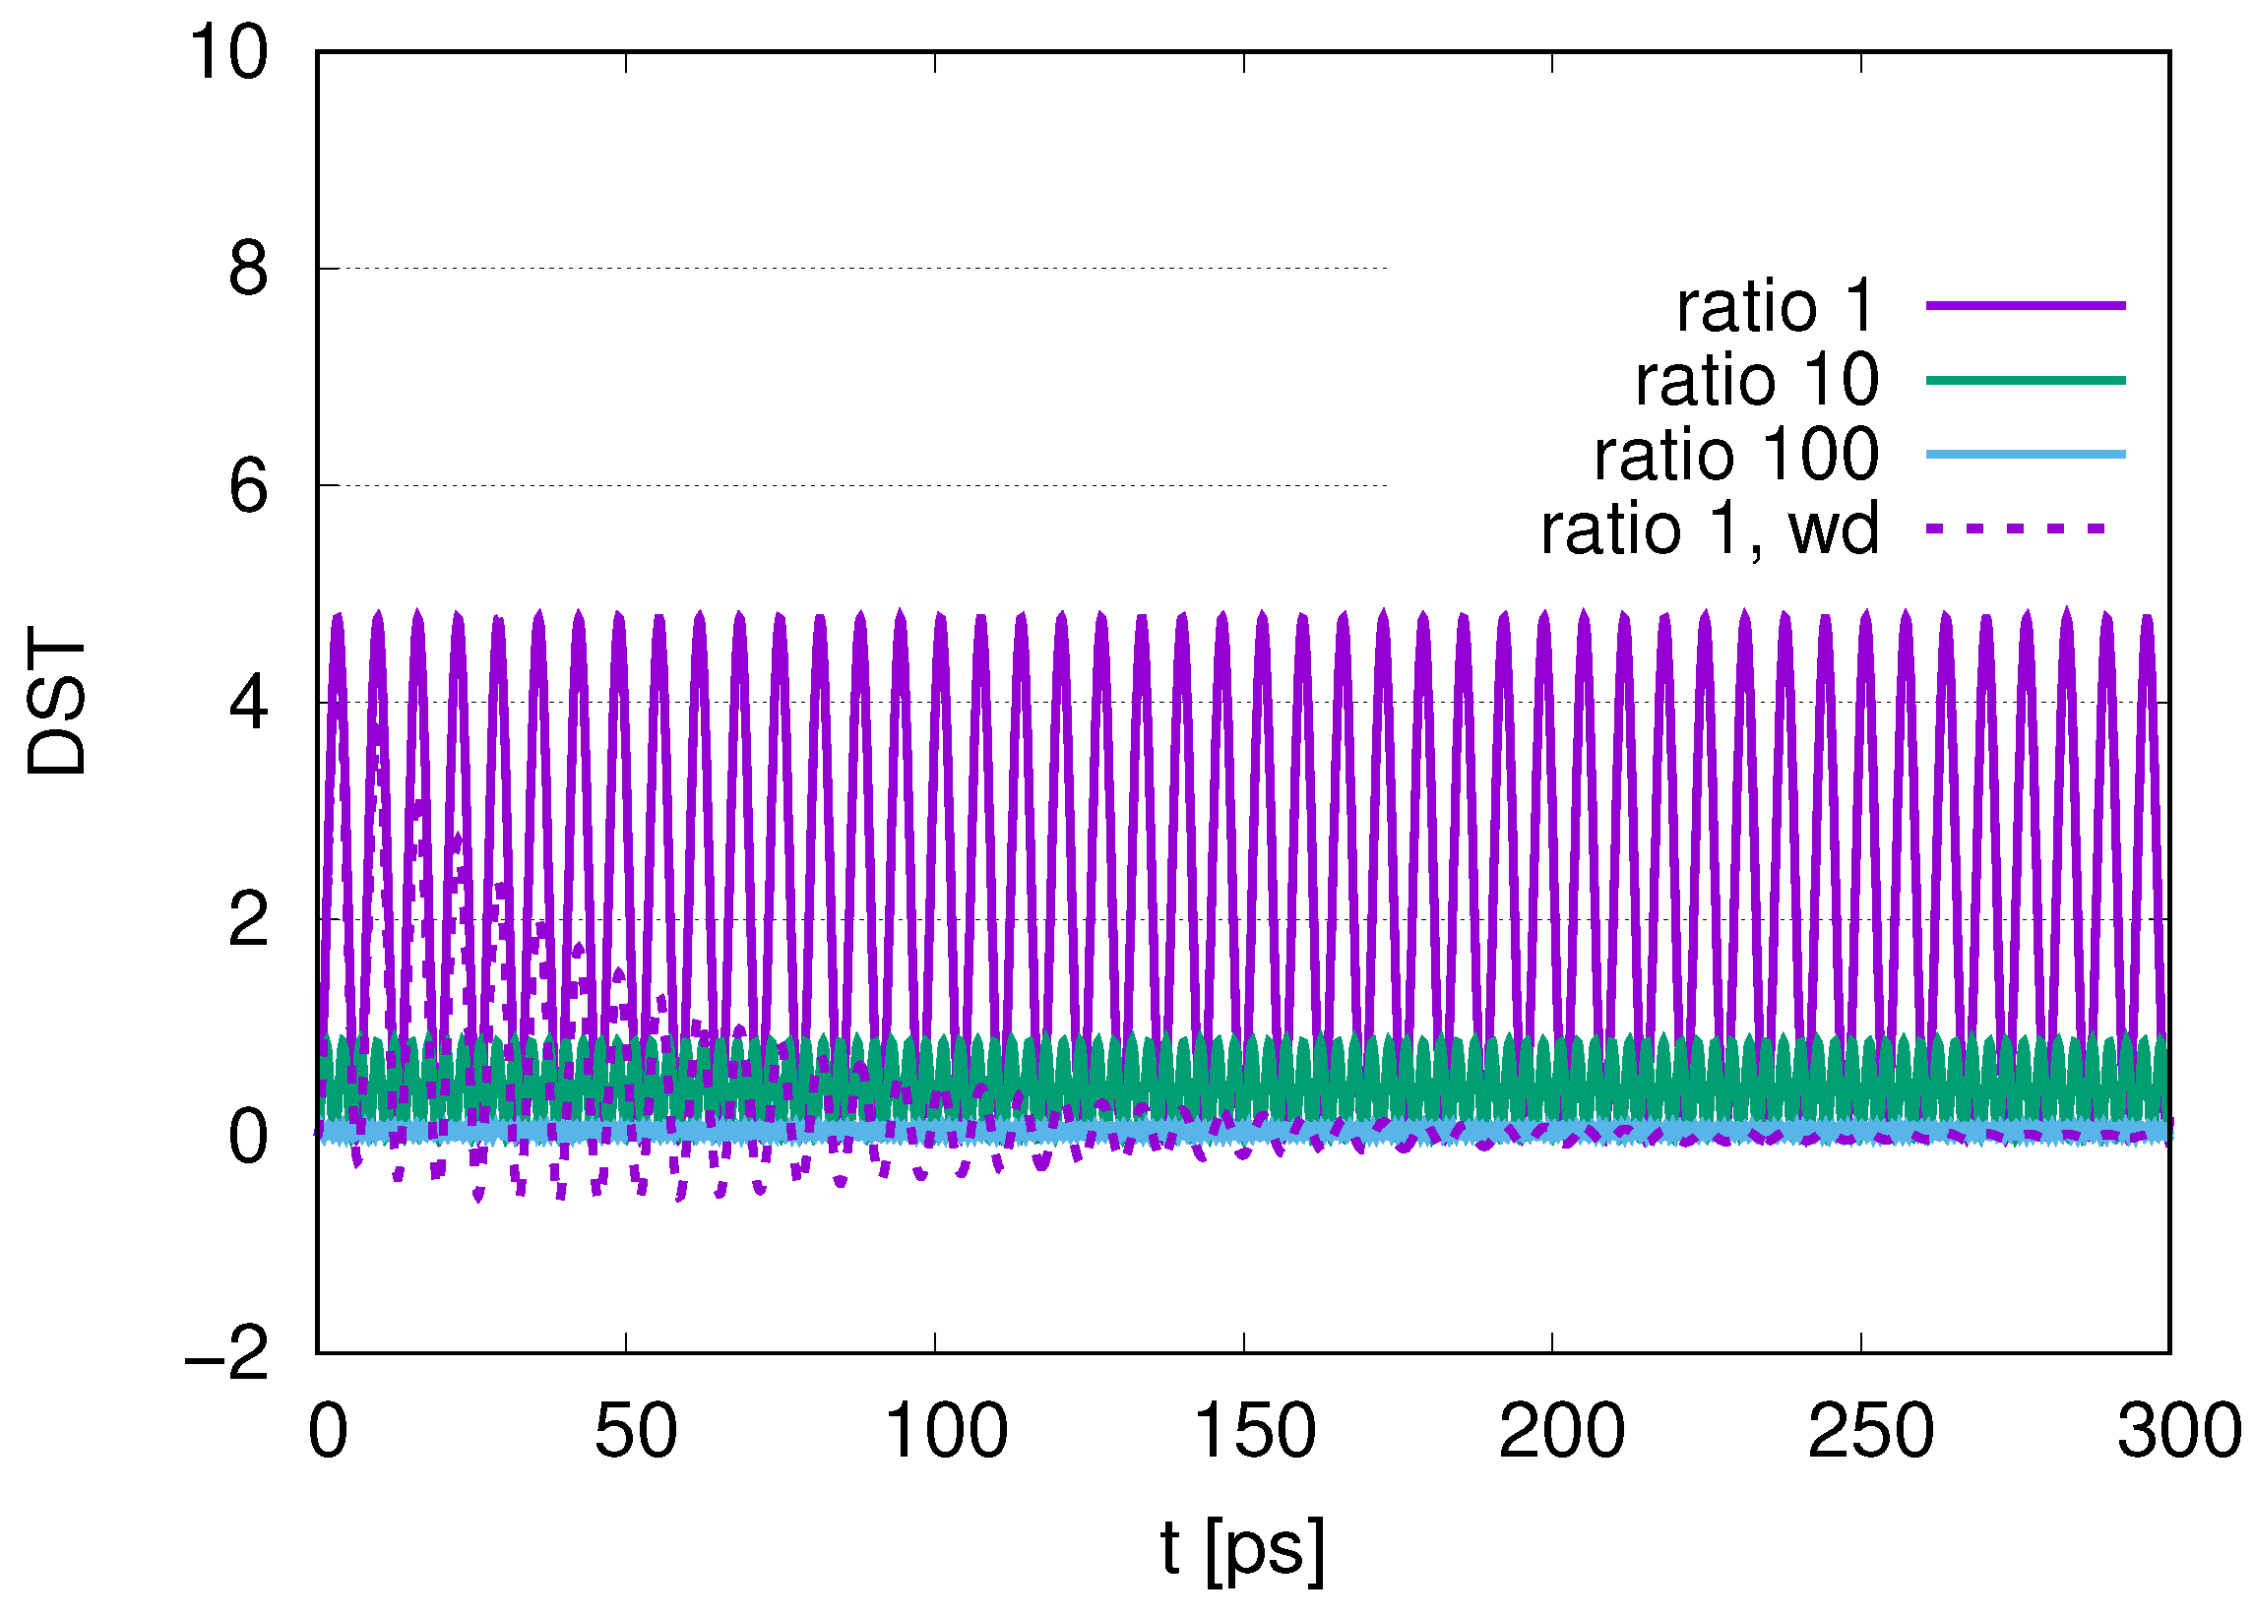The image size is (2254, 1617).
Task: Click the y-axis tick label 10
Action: point(228,54)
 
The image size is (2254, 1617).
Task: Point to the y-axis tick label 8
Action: point(248,270)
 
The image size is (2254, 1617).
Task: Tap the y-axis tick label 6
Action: point(248,487)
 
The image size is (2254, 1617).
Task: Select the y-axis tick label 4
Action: point(248,704)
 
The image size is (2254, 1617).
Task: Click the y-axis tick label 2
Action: point(248,921)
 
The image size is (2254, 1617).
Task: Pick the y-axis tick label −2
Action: point(226,1354)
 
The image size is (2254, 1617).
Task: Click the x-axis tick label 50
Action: point(635,1432)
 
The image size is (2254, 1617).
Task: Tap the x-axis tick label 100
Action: point(946,1432)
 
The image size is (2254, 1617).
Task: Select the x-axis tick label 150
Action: point(1254,1432)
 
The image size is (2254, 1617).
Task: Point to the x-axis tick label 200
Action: point(1562,1432)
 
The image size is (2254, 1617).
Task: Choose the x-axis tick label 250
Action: point(1871,1432)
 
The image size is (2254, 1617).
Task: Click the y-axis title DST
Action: point(58,702)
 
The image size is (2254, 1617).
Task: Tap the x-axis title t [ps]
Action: point(1242,1549)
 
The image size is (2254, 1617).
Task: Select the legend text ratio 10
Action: point(1757,381)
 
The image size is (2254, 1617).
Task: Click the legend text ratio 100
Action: point(1736,456)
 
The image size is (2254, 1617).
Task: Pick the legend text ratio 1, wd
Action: point(1710,529)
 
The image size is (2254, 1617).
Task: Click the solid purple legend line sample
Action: point(2026,306)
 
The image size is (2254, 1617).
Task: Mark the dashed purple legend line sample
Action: point(2016,529)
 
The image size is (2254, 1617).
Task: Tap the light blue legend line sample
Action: point(2026,456)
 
